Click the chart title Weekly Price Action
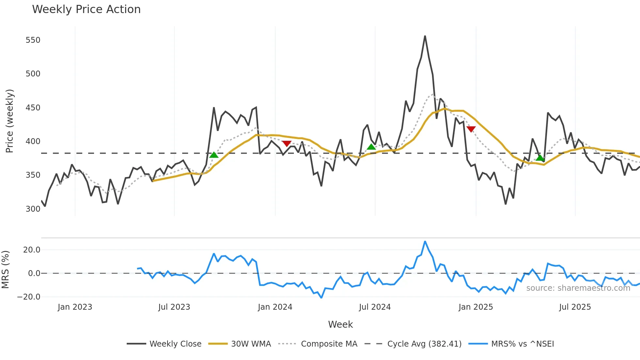[x=86, y=9]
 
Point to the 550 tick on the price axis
[x=33, y=40]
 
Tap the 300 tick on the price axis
[x=33, y=209]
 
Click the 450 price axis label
[x=33, y=108]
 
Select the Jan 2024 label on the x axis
[x=275, y=307]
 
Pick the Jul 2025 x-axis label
[x=575, y=307]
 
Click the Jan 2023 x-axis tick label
[x=75, y=307]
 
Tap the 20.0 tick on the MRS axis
[x=32, y=250]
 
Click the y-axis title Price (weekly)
[x=9, y=121]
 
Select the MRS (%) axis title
[x=5, y=270]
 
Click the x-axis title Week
[x=340, y=324]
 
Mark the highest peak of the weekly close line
[x=425, y=36]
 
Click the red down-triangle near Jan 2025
[x=471, y=129]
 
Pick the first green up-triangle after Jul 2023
[x=214, y=155]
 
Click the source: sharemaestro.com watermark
[x=578, y=288]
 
